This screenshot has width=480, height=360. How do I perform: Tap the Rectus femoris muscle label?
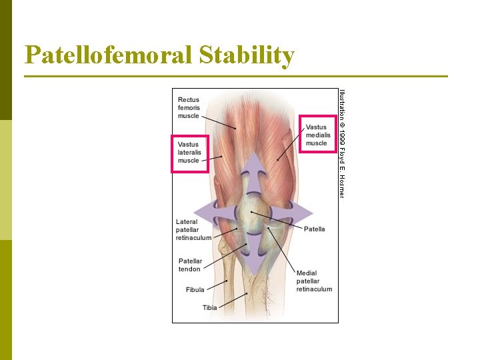pyautogui.click(x=189, y=108)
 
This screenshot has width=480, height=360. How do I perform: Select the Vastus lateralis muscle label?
pyautogui.click(x=189, y=153)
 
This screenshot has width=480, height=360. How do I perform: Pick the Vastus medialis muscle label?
pyautogui.click(x=317, y=135)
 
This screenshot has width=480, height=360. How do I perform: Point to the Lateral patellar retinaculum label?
pyautogui.click(x=193, y=229)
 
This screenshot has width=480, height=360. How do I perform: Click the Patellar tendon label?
pyautogui.click(x=189, y=265)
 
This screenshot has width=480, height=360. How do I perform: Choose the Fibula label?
pyautogui.click(x=195, y=290)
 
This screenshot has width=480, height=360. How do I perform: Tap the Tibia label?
pyautogui.click(x=210, y=307)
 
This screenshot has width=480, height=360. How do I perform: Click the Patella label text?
pyautogui.click(x=314, y=229)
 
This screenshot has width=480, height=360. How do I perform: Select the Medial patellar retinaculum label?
pyautogui.click(x=314, y=281)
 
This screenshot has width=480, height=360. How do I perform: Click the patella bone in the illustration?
pyautogui.click(x=253, y=213)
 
